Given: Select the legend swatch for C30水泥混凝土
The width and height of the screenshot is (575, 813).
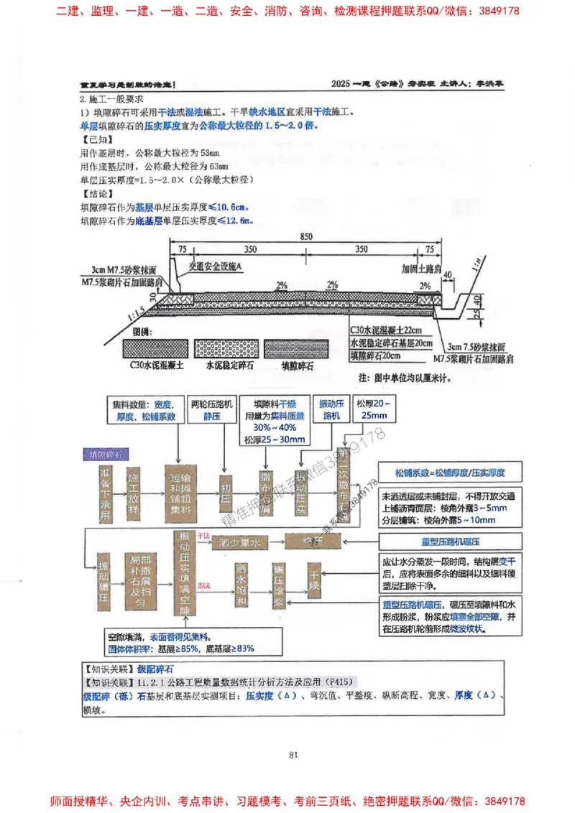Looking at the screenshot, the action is pos(157,346).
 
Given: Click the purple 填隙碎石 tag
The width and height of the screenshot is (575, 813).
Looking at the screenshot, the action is pos(105,455).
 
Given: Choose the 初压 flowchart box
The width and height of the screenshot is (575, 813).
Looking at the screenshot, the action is pos(228,495).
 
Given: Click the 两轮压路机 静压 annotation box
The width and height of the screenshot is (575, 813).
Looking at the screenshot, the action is pos(211,410).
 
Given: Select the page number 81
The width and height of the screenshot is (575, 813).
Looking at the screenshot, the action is pos(293,754).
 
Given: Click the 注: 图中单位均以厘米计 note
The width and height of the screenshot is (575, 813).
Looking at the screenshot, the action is pos(408,377).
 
